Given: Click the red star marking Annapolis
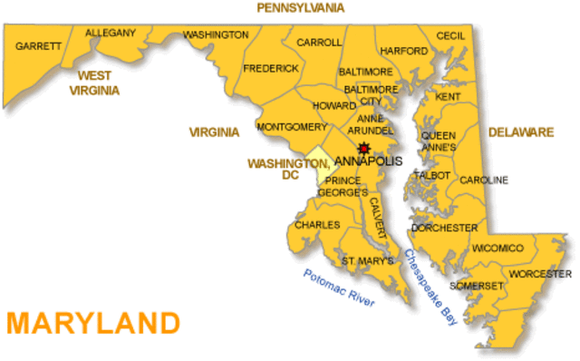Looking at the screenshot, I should (x=363, y=148).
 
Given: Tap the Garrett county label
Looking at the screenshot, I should (x=38, y=45).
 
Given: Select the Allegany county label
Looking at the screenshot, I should (x=111, y=34).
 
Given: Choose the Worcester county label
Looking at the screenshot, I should (x=539, y=273).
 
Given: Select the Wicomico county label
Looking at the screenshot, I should (x=498, y=248).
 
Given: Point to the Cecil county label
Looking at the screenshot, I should (x=450, y=35).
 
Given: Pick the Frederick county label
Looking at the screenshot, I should (x=271, y=68).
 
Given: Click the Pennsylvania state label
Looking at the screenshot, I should (x=301, y=7).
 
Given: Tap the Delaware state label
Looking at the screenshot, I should (x=521, y=132).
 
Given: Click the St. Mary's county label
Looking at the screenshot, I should (x=367, y=261).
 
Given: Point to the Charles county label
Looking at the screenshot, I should (x=317, y=224).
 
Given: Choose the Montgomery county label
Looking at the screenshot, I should (x=292, y=126).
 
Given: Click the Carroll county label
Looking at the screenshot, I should (x=319, y=42).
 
